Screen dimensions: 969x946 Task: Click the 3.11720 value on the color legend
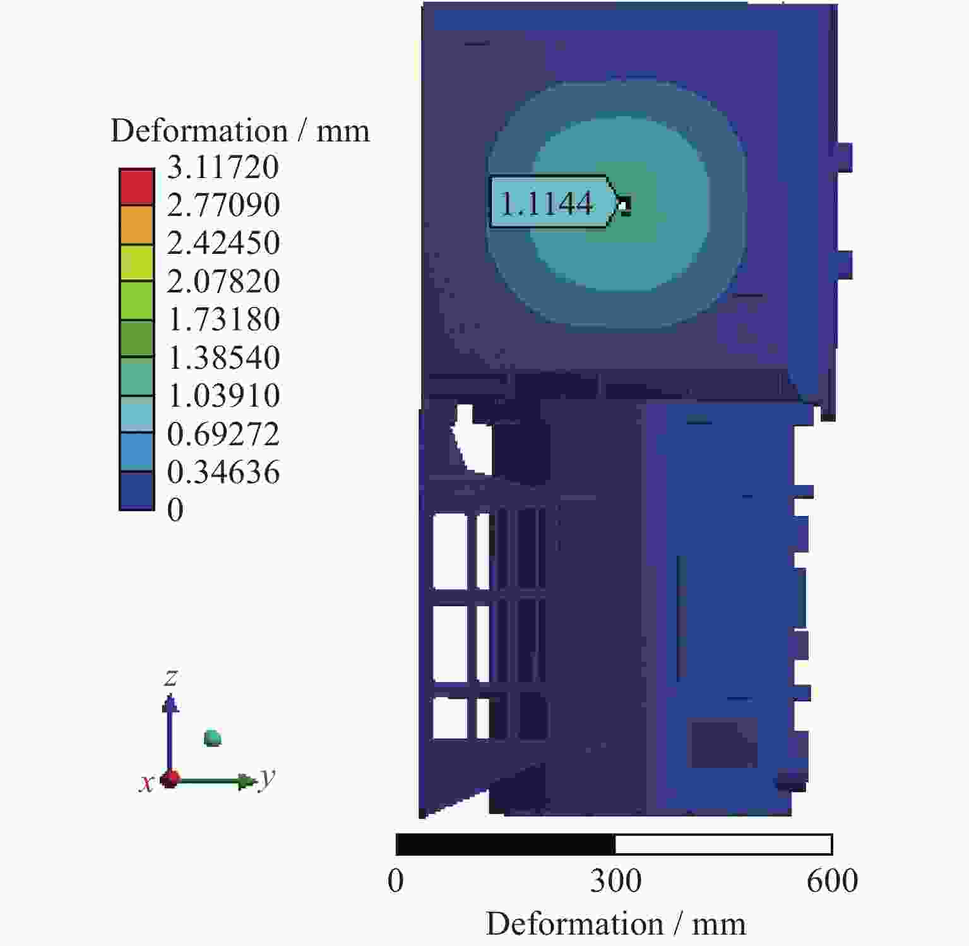(x=223, y=167)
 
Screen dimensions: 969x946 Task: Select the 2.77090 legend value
(x=223, y=205)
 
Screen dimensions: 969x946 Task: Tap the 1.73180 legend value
(x=223, y=320)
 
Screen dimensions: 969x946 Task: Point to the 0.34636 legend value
(x=223, y=472)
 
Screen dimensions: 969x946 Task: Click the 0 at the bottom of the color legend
(x=175, y=510)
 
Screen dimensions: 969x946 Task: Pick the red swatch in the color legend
(x=136, y=187)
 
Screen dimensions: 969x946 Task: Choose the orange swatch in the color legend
(x=136, y=225)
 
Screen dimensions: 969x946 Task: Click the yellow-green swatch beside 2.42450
(x=136, y=263)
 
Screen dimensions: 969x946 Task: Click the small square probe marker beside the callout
(x=624, y=205)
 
